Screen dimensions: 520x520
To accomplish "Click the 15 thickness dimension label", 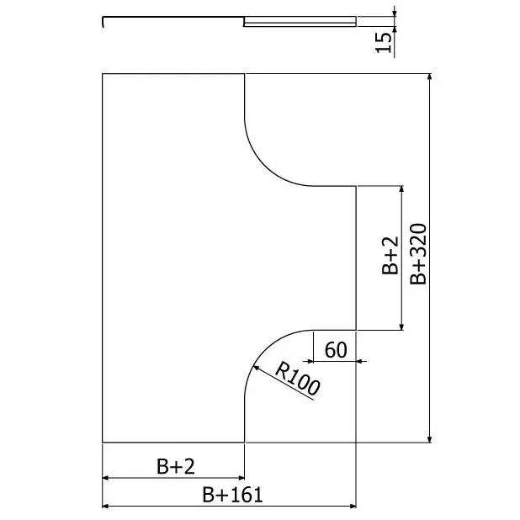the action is (383, 42).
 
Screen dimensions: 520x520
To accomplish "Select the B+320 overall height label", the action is (418, 254).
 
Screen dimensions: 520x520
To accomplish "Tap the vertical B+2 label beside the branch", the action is (390, 255).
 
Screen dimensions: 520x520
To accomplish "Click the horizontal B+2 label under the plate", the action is (175, 466).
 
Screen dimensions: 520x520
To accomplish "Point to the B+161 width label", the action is (232, 495).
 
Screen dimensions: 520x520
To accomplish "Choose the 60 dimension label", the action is (336, 350).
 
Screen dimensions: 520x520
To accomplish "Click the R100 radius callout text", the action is (298, 379).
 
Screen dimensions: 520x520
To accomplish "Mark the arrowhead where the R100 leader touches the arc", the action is (256, 368).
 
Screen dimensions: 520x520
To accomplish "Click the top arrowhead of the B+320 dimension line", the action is (430, 77).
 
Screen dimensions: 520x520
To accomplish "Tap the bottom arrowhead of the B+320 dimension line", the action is (430, 438).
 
